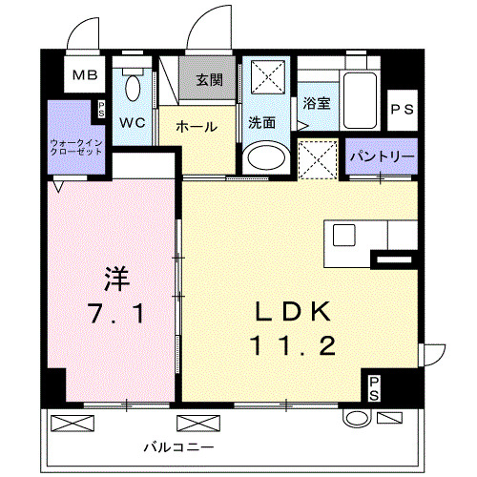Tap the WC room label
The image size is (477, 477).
[x=132, y=123]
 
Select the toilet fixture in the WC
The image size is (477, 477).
[x=133, y=88]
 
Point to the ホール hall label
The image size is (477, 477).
[x=196, y=126]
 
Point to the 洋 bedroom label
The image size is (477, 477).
[x=115, y=278]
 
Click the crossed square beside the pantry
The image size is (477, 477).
[x=318, y=158]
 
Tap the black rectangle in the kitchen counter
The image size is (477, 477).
[x=393, y=257]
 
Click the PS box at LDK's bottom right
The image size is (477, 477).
[x=374, y=386]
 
